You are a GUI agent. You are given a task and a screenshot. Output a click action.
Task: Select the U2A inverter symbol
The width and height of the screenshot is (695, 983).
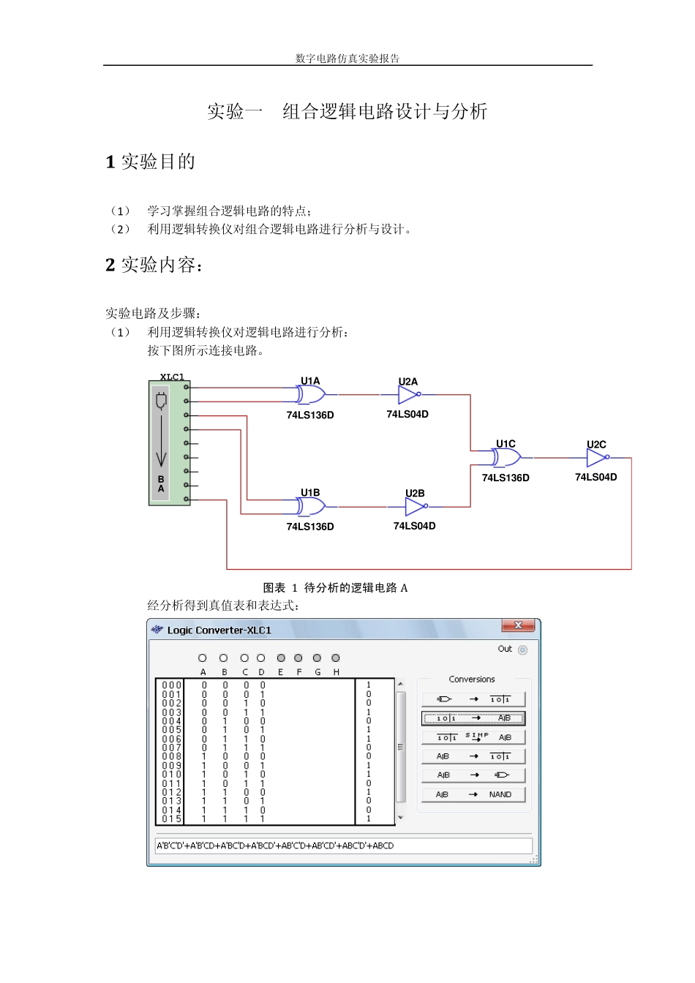coord(408,395)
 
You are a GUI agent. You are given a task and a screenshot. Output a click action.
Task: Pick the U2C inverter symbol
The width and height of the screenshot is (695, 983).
coord(597,458)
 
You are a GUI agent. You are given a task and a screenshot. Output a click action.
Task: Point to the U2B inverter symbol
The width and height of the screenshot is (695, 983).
coord(416,506)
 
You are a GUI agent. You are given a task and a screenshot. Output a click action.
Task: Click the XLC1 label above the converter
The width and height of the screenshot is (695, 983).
coord(172,377)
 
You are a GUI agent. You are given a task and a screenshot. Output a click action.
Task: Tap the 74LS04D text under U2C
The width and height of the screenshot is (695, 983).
coord(596,478)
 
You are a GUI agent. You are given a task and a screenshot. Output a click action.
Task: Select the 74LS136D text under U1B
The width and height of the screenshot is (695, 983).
coord(310,527)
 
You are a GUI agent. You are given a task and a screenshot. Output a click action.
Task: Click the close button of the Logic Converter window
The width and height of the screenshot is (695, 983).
coord(518,625)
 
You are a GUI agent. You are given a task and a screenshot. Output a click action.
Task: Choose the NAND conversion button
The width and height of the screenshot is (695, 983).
coord(473,794)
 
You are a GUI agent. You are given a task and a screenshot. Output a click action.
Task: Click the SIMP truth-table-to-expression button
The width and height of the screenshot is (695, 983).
coord(473,737)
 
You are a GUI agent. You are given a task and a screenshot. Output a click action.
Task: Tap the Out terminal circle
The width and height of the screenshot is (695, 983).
coord(522,649)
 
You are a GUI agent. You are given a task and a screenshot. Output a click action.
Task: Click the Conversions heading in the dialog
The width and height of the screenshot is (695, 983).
coord(472,679)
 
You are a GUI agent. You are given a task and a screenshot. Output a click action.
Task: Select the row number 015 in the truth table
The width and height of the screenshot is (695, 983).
coord(172,819)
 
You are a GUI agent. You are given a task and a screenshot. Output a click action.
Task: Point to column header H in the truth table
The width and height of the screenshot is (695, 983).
coord(336,672)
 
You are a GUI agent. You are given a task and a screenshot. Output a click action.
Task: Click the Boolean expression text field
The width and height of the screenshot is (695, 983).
coord(344,845)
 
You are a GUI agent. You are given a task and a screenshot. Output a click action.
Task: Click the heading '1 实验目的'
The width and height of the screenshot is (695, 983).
coord(150,162)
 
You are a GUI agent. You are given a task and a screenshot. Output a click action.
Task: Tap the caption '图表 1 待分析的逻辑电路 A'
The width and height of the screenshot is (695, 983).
coord(335,587)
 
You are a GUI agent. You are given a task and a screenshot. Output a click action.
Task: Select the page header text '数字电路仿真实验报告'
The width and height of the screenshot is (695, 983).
coord(347,59)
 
